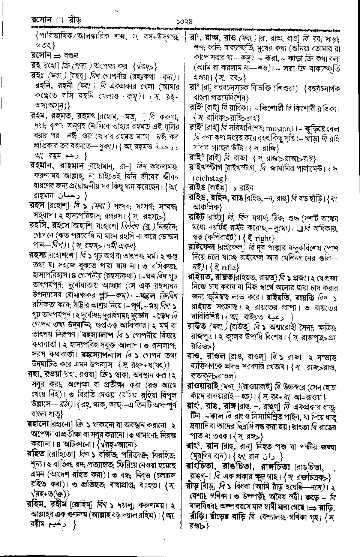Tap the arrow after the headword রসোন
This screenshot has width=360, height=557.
pos(51,55)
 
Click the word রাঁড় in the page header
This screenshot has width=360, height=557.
pos(75,19)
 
